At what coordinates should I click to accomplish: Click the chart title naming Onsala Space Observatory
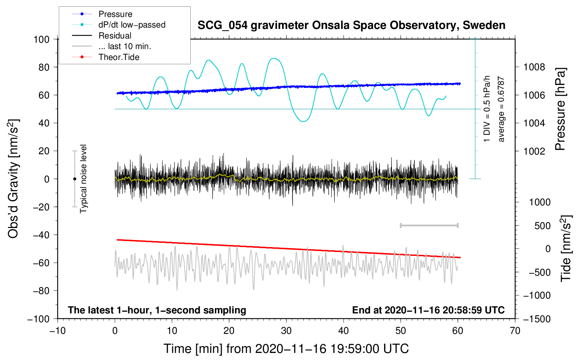pos(351,25)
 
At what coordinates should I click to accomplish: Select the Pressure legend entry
pos(115,14)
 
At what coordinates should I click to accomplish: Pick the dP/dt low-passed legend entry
pos(132,25)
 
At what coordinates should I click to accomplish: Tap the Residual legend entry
pos(115,36)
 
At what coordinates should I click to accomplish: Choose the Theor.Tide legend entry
pos(119,57)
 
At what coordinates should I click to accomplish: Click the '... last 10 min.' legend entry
pos(125,46)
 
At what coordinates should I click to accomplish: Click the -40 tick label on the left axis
pos(41,235)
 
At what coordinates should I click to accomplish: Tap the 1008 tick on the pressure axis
pos(534,67)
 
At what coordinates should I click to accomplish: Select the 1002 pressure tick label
pos(534,151)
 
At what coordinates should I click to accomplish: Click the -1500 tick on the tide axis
pos(537,319)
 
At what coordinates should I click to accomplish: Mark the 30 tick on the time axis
pos(286,331)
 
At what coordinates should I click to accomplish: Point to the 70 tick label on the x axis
pos(515,331)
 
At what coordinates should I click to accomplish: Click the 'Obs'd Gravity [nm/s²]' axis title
pos(13,179)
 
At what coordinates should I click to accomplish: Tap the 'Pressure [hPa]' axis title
pos(560,109)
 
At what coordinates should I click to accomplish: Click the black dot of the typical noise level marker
pos(74,179)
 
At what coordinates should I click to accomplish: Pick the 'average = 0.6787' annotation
pos(501,109)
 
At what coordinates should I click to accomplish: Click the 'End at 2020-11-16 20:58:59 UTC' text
pos(428,310)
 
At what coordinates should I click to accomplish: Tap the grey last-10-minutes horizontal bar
pos(429,225)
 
